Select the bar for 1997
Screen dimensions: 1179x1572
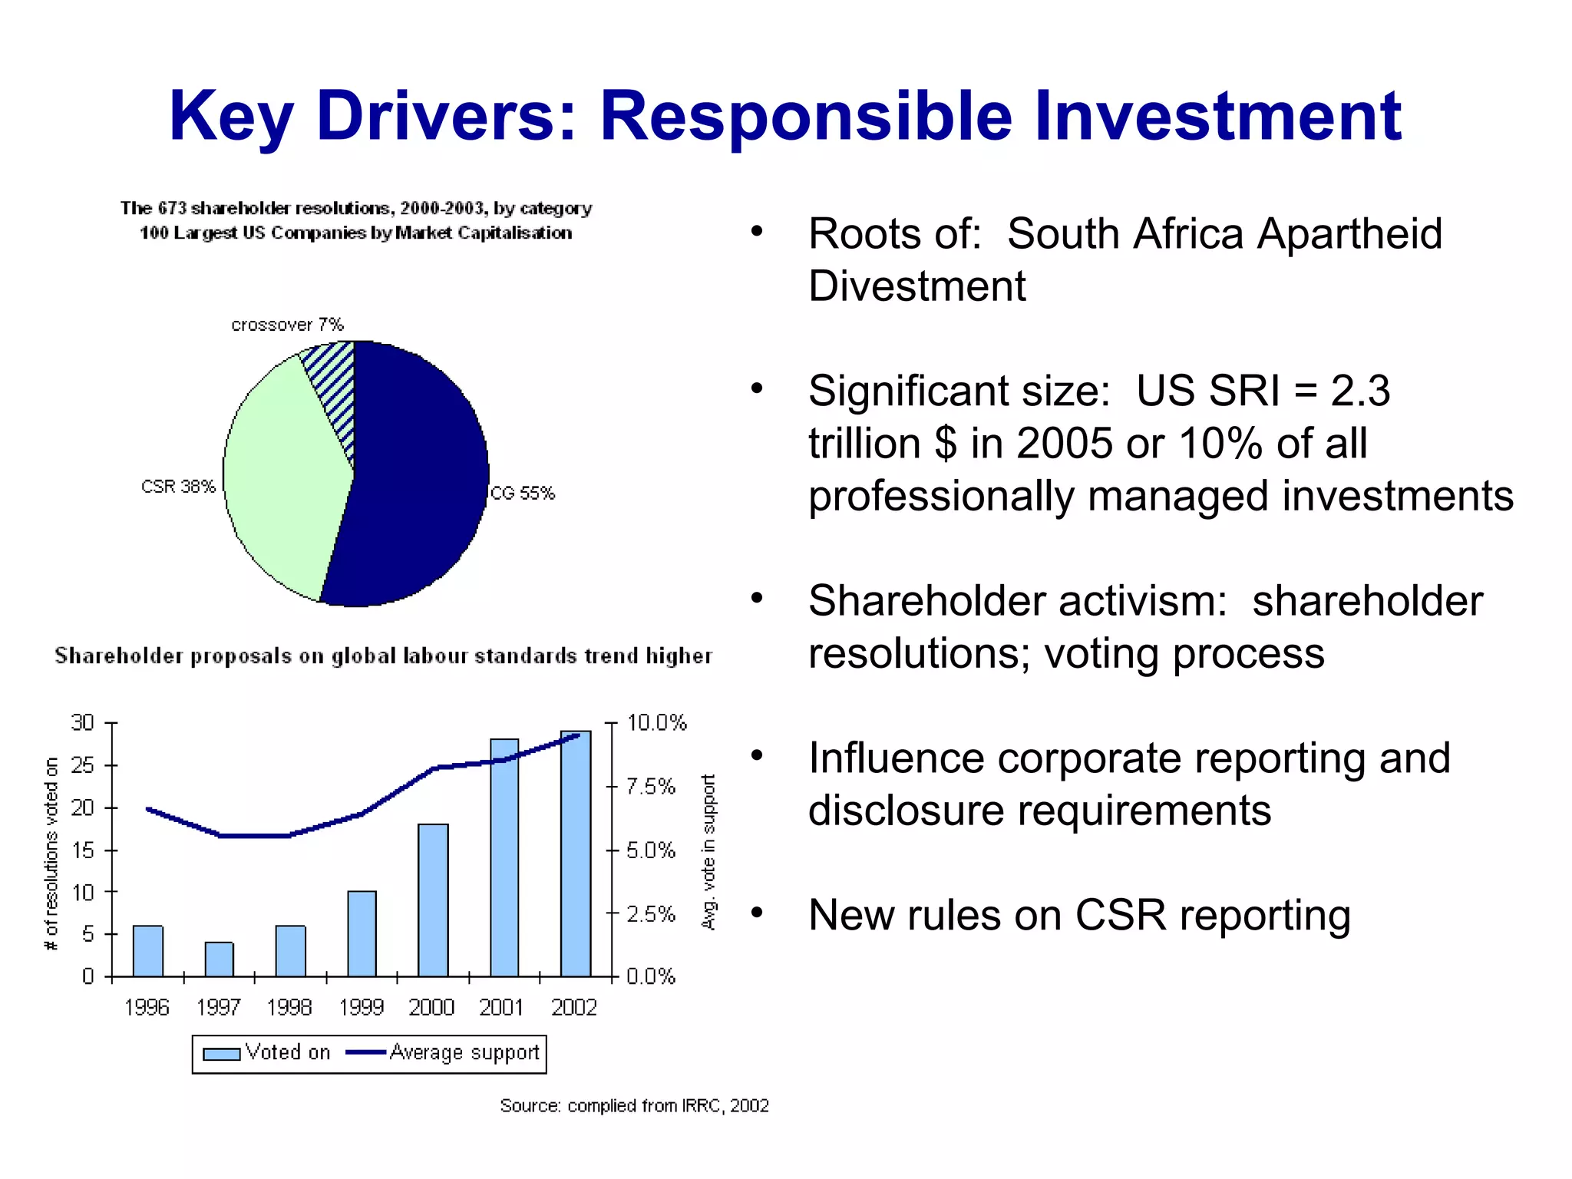219,959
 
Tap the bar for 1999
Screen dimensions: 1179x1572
362,933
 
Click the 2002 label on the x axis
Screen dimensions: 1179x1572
573,1007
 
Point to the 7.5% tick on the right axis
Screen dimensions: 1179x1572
650,787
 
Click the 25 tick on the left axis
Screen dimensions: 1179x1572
82,765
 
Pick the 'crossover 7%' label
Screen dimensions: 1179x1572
287,325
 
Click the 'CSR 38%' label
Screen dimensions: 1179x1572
178,487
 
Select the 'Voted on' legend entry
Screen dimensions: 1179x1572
266,1052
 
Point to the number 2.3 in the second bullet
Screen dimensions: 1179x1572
1359,391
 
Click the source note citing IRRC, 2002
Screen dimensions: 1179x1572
634,1105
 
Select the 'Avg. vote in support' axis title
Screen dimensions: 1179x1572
708,852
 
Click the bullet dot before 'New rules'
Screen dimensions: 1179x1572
757,913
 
